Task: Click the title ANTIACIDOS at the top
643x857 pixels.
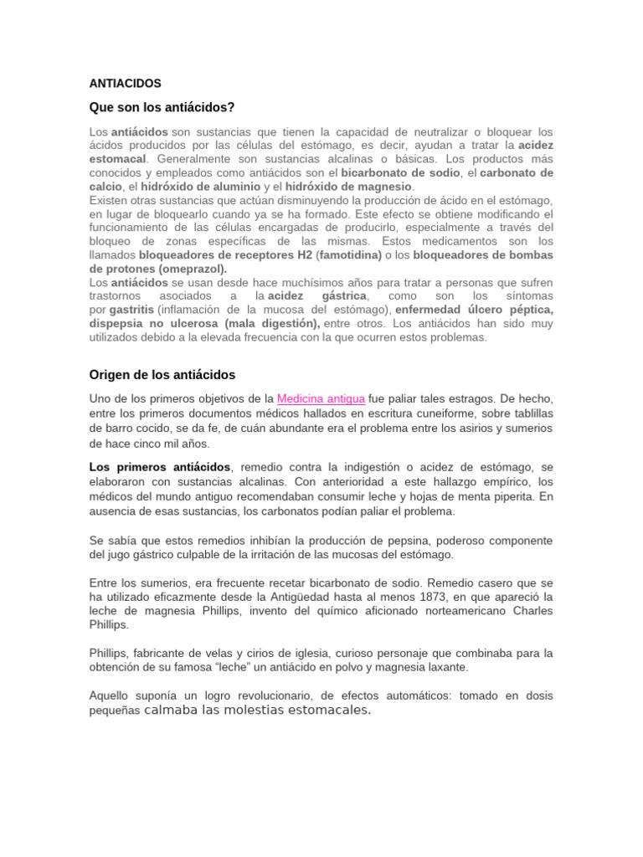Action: click(125, 84)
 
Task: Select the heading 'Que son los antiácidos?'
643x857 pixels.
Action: click(162, 108)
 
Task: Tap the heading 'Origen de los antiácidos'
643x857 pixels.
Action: click(162, 374)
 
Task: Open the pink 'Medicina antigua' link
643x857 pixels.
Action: click(321, 398)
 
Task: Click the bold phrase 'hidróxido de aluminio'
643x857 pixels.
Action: click(188, 187)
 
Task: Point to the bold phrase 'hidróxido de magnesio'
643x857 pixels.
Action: click(348, 187)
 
